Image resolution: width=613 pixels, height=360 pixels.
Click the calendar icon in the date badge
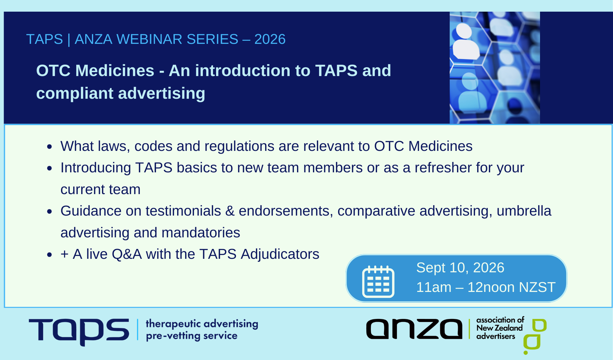[378, 281]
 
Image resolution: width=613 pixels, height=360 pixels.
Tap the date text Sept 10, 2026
[460, 268]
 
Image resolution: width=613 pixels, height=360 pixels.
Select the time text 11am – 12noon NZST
[485, 287]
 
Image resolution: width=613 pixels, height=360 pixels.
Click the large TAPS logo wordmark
[79, 331]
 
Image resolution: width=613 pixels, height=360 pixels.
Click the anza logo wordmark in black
[414, 329]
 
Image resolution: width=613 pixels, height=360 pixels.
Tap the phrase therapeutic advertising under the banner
[202, 324]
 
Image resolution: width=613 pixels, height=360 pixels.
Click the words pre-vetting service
[192, 336]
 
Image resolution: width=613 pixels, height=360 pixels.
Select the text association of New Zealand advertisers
[500, 328]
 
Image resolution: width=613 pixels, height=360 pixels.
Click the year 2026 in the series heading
[270, 39]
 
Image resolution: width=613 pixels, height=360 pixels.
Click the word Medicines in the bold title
[115, 71]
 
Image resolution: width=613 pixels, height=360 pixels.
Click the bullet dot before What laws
[50, 147]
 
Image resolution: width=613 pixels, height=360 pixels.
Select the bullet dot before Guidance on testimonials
[50, 211]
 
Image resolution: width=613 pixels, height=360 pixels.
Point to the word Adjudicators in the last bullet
[280, 254]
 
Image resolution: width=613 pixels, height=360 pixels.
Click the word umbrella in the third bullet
[524, 211]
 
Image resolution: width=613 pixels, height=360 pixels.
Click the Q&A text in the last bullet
[127, 254]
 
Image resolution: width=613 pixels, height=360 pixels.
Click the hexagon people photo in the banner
[495, 68]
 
